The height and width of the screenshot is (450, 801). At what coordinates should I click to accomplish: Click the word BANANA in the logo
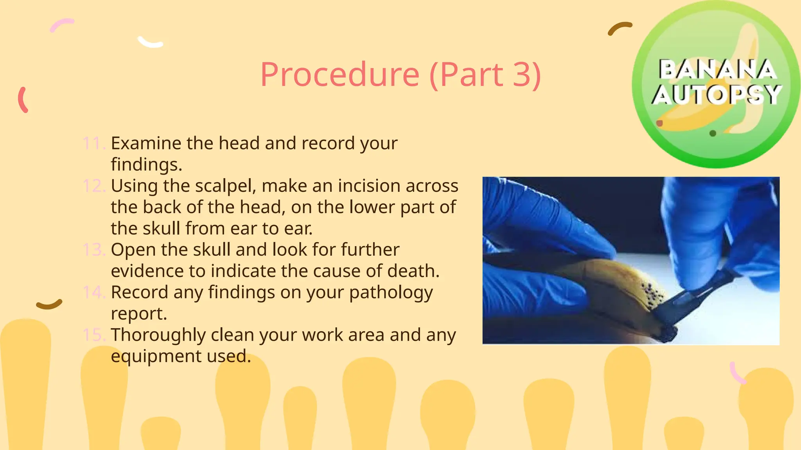click(717, 70)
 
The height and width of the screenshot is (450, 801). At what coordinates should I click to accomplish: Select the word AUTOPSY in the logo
click(717, 95)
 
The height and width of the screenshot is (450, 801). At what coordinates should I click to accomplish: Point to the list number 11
click(93, 143)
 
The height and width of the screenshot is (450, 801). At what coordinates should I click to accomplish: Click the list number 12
click(93, 186)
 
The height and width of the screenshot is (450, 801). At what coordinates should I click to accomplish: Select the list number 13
click(93, 250)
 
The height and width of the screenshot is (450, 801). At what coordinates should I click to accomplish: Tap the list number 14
click(93, 293)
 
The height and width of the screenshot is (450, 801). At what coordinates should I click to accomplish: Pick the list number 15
click(93, 335)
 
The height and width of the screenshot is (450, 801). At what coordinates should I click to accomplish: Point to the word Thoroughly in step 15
click(158, 335)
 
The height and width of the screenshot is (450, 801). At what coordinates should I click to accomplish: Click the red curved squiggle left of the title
click(23, 100)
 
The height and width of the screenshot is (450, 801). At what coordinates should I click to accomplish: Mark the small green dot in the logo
click(713, 134)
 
